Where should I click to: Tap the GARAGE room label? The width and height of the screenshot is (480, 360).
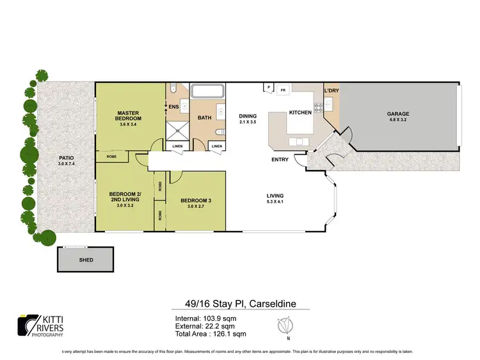point(397,114)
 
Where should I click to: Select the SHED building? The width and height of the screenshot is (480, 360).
point(86,260)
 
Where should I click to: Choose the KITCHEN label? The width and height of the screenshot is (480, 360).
point(300,113)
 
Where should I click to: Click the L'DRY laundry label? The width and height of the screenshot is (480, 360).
point(332,91)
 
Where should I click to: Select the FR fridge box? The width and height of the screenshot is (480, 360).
point(282,90)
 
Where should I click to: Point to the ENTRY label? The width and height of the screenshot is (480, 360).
point(280,159)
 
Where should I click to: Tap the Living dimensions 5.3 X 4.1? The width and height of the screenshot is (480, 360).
point(275,201)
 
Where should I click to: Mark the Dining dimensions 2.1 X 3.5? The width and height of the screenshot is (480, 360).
point(248,121)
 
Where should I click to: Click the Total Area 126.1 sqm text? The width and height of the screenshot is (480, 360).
point(209,333)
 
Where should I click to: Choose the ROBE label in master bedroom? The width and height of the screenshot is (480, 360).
point(111,156)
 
